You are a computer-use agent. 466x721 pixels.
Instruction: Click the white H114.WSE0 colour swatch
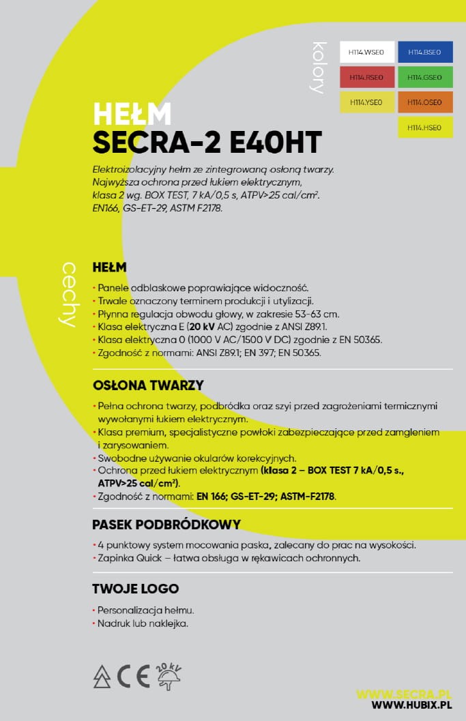tap(367, 53)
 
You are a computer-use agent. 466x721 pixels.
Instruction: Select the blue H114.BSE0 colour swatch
tap(425, 53)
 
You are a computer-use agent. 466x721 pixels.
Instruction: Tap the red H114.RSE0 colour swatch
tap(367, 78)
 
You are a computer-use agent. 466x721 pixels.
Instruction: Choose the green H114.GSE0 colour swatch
tap(425, 78)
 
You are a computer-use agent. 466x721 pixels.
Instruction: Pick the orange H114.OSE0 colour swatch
tap(425, 102)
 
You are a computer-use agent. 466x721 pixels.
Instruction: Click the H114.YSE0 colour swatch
tap(367, 102)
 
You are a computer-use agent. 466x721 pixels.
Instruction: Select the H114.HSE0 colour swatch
tap(425, 128)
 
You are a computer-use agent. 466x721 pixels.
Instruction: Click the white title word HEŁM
tap(132, 114)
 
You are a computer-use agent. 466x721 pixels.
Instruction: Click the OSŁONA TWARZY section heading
tap(148, 385)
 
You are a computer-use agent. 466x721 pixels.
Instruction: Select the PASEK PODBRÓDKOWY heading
tap(166, 525)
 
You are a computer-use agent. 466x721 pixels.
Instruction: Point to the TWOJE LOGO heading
tap(135, 589)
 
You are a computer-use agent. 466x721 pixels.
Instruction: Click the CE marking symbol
tap(134, 675)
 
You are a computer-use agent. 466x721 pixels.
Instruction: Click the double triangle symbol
tap(102, 676)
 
